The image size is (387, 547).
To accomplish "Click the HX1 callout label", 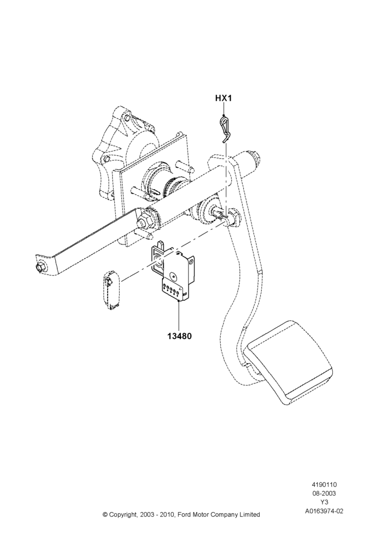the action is tap(223, 98).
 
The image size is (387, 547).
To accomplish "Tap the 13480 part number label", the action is tap(179, 336).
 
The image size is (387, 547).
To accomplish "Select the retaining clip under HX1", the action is tap(225, 129).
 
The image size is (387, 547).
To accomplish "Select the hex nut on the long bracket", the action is tap(144, 220).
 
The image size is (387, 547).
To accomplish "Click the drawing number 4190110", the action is tap(324, 485).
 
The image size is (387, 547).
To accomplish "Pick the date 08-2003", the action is tap(324, 493).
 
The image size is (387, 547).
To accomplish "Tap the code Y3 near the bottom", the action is tap(324, 502).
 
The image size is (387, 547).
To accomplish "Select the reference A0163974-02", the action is tap(324, 511).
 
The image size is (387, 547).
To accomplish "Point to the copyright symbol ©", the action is tap(105, 515).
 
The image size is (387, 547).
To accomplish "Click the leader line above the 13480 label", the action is tap(179, 315).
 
